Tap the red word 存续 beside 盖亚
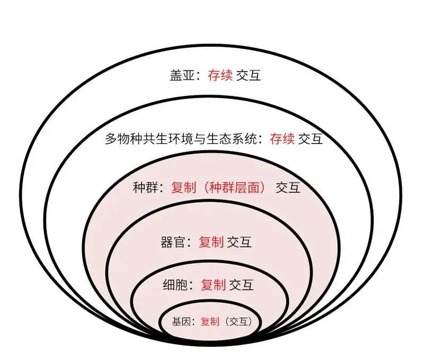pos(220,76)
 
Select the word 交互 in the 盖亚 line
pos(249,76)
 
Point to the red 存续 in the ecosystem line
pos(282,139)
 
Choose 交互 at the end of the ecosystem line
pos(311,139)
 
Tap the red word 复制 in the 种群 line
pos(184,187)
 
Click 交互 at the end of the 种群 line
pos(288,187)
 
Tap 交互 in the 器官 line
pos(239,242)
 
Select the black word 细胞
pos(174,285)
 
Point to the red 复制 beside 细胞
pos(214,285)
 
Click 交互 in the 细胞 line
pos(242,285)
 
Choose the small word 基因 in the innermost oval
pos(180,321)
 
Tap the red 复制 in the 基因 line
pos(209,321)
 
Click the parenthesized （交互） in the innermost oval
pos(238,321)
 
